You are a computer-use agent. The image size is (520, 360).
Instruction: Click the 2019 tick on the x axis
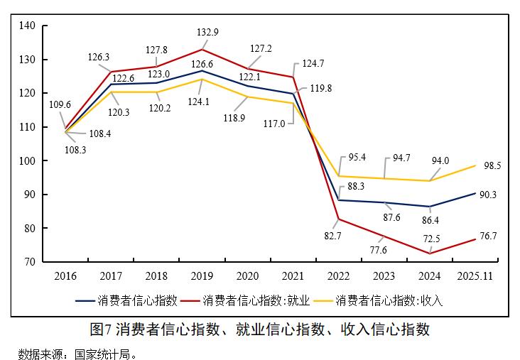click(x=202, y=276)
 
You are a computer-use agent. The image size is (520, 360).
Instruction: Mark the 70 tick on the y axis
click(x=29, y=262)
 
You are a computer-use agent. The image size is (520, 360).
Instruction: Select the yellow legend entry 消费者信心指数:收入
click(x=389, y=300)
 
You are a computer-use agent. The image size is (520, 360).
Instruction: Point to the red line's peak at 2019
click(x=202, y=50)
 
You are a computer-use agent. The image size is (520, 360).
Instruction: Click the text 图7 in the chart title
click(x=102, y=329)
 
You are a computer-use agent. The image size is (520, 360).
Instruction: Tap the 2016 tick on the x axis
click(x=65, y=276)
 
